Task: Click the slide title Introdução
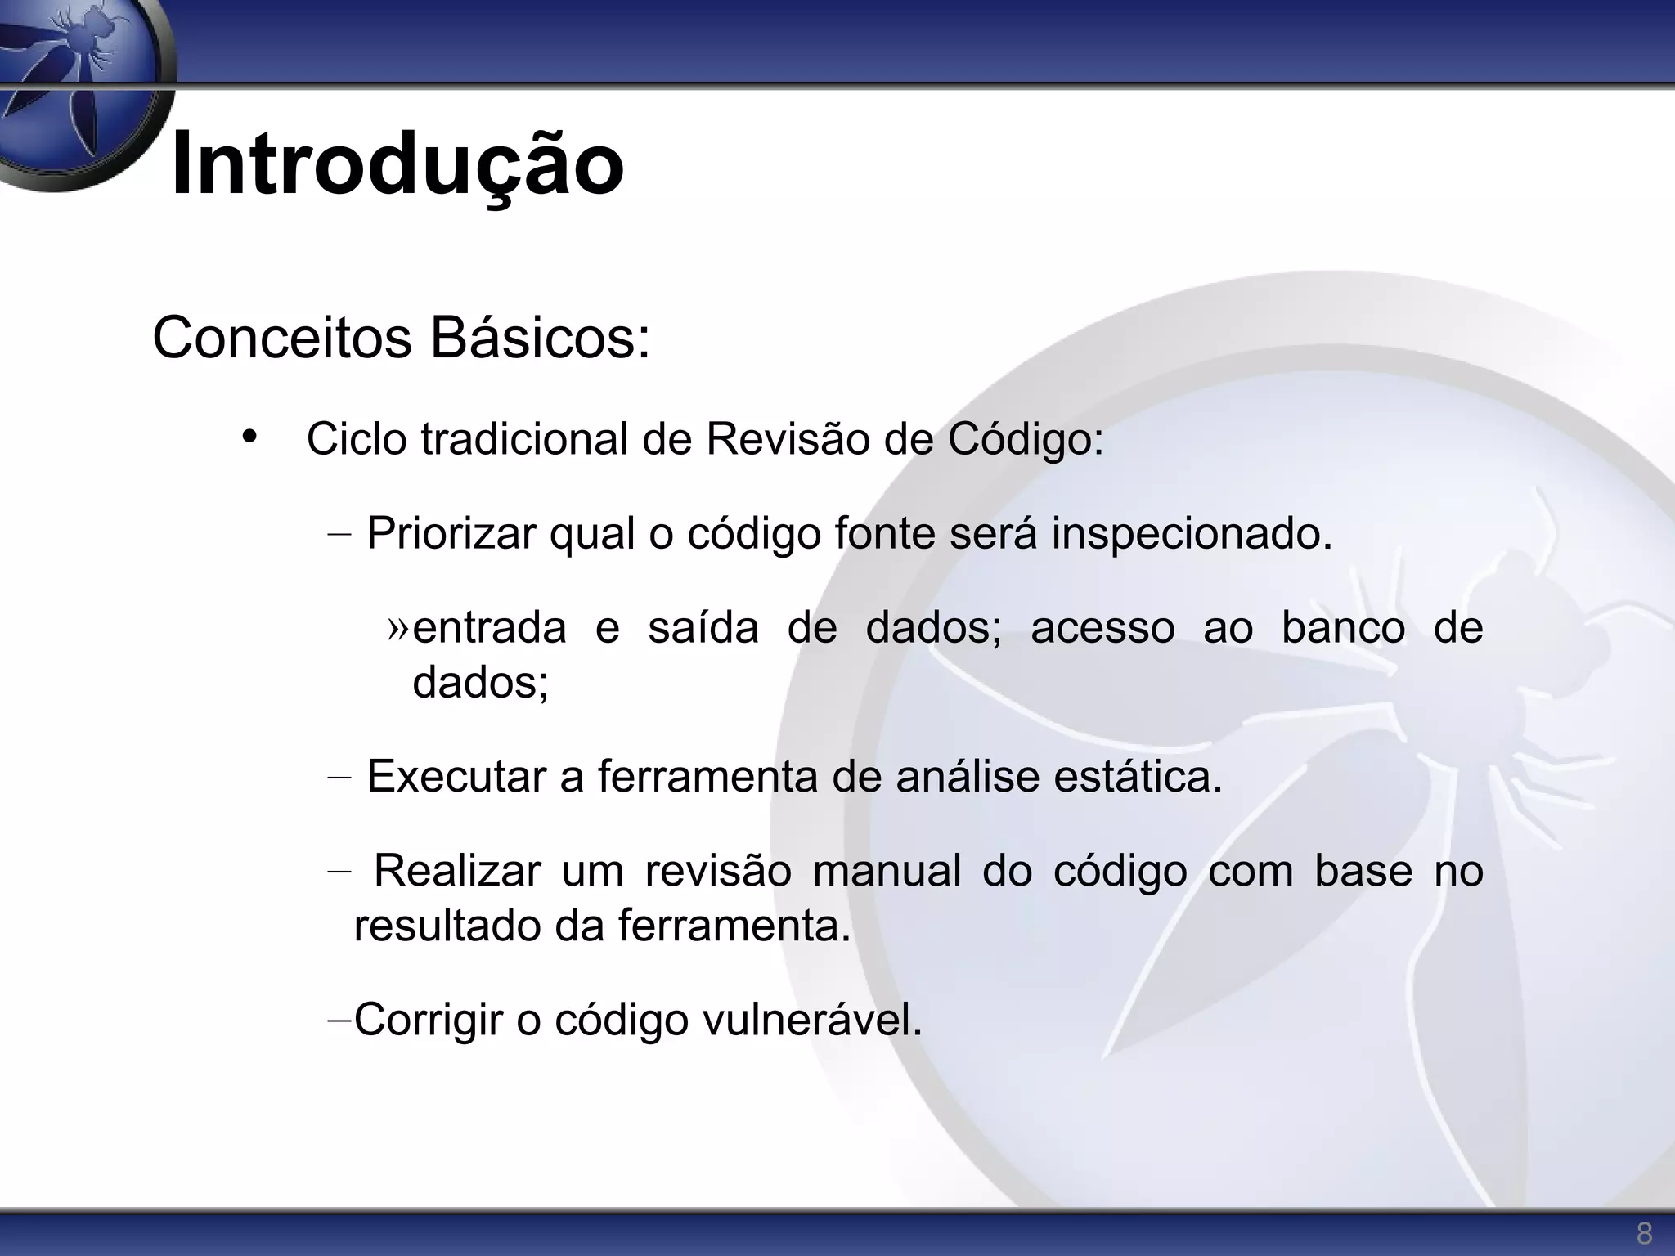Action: (397, 164)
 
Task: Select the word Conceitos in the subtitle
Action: (282, 338)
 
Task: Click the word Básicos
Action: (540, 338)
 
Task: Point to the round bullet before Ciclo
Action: (249, 436)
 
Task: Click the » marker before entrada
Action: (397, 627)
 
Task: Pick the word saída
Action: (703, 628)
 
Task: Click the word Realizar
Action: (457, 870)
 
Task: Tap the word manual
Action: (887, 870)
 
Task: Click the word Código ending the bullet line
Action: (1026, 439)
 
